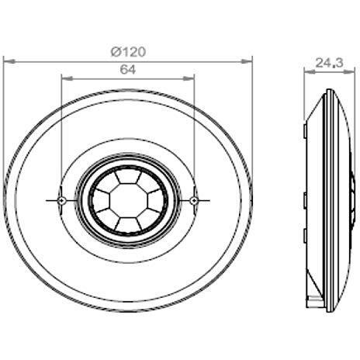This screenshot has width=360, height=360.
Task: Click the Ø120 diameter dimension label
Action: point(129,52)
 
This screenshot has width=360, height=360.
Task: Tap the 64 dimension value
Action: point(128,70)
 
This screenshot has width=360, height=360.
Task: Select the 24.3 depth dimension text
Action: point(329,63)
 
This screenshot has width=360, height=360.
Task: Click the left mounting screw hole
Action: point(61,200)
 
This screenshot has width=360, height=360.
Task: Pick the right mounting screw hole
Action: point(194,200)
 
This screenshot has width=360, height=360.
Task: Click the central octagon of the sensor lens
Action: point(128,200)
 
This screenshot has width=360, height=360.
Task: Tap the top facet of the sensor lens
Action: point(128,175)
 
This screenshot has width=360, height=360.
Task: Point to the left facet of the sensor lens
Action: point(101,200)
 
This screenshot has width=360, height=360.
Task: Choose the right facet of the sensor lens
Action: point(156,200)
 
